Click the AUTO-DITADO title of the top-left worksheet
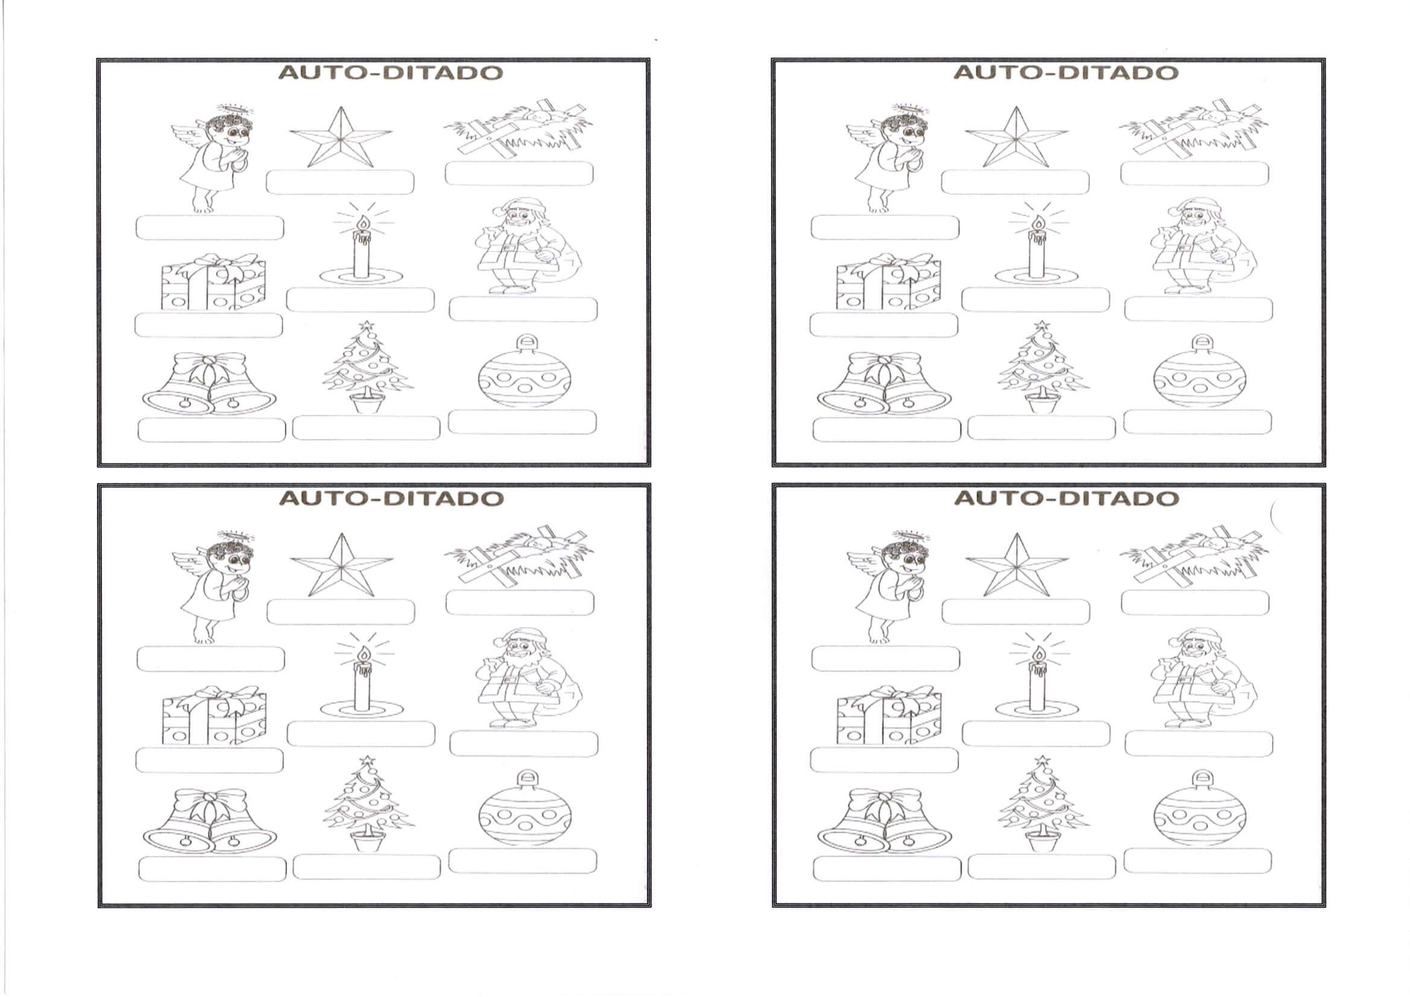(x=391, y=72)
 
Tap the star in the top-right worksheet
(x=1016, y=137)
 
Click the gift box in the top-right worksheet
(x=888, y=281)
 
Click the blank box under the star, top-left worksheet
(x=340, y=182)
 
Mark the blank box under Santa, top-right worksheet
(x=1198, y=309)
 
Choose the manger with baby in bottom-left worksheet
(x=519, y=556)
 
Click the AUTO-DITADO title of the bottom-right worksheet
(x=1066, y=498)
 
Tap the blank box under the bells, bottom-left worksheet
(x=212, y=869)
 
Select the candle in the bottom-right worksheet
(x=1037, y=680)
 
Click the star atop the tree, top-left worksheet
(x=367, y=326)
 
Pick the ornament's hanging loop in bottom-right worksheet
(x=1202, y=779)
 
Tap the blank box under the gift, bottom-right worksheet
(x=884, y=760)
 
